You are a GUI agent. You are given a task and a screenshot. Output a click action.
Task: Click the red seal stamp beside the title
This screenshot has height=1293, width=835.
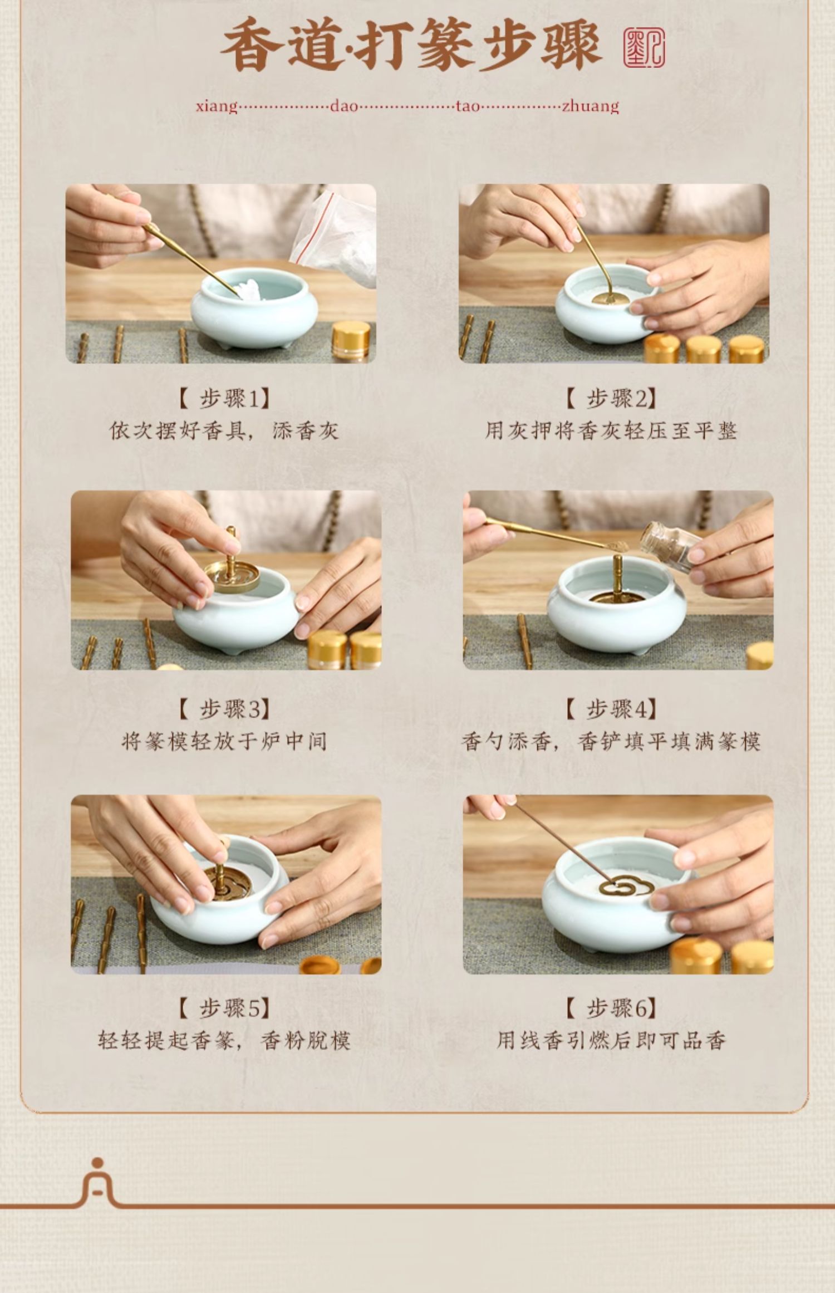[644, 48]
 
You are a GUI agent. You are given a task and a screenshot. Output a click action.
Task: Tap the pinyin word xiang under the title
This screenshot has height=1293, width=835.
[217, 106]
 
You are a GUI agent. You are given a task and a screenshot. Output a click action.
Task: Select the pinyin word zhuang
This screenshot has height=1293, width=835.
[591, 106]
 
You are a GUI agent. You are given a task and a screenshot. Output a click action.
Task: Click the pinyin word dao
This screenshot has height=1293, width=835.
[343, 106]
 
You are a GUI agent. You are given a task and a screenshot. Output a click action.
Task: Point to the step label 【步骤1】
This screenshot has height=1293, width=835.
[224, 399]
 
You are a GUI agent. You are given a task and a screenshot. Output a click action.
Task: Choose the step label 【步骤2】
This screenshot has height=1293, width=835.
[611, 399]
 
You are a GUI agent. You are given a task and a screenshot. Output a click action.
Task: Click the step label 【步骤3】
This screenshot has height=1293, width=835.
[224, 709]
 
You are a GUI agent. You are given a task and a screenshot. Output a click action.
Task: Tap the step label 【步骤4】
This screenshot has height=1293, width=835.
[611, 709]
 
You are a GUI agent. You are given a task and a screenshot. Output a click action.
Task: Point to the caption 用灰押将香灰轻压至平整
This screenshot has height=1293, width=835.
[611, 430]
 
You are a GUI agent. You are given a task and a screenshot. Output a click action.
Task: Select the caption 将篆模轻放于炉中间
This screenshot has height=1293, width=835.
[224, 741]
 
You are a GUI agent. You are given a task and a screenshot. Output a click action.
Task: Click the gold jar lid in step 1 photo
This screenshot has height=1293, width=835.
[351, 340]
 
